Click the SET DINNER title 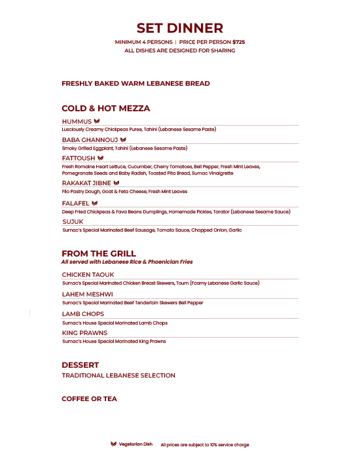pos(179,28)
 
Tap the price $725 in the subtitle pos(238,42)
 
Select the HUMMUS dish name pos(77,122)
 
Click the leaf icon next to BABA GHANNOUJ pos(122,140)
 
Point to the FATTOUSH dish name pos(79,158)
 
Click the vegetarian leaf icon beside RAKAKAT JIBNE pos(117,183)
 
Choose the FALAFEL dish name pos(76,203)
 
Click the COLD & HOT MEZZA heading pos(105,108)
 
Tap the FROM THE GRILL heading pos(99,253)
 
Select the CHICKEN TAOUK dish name pos(88,275)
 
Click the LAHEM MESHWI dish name pos(87,294)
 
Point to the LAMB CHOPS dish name pos(82,314)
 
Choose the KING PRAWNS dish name pos(84,333)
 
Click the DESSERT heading pos(80,364)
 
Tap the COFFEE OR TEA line pos(89,398)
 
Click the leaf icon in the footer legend pos(113,444)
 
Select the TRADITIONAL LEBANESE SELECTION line pos(118,376)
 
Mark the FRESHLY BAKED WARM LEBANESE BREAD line pos(135,84)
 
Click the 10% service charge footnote pos(205,445)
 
